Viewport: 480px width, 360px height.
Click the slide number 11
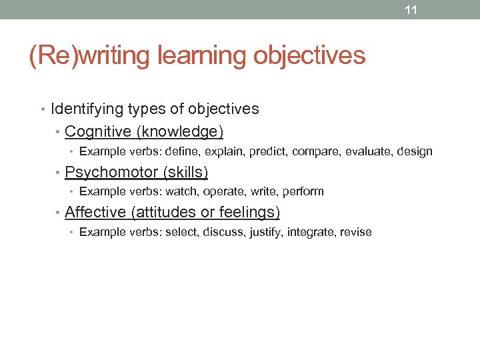point(411,10)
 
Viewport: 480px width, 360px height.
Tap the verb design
point(415,152)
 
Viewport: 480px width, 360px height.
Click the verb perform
point(303,192)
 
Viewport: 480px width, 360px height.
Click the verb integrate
point(311,232)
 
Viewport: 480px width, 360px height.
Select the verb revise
point(356,232)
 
